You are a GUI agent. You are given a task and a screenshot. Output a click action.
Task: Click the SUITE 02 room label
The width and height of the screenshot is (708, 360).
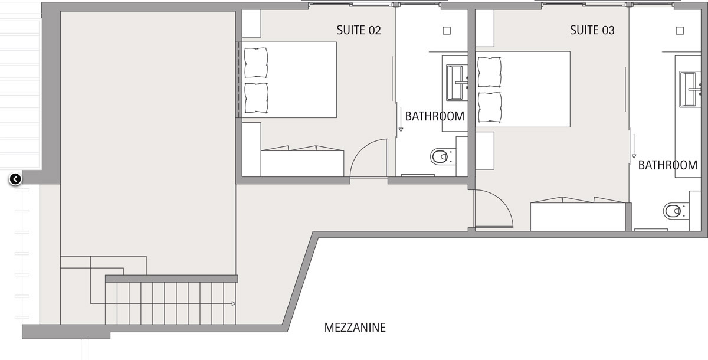point(359,30)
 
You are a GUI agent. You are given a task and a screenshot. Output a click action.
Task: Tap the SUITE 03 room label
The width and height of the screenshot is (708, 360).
point(592,30)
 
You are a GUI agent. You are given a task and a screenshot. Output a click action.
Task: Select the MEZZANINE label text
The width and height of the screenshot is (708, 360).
point(355,328)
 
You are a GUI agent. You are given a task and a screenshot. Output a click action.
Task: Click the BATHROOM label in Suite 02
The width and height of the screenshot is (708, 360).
point(435,116)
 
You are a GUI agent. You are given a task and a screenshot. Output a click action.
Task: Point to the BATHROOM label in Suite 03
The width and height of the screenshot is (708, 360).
point(667,165)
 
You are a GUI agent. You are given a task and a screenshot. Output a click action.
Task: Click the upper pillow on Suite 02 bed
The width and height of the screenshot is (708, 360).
point(256,63)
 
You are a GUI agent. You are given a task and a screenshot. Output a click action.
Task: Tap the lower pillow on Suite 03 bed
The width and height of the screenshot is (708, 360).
point(489,107)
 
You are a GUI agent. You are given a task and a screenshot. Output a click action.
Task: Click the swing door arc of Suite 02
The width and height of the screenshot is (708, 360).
point(363,149)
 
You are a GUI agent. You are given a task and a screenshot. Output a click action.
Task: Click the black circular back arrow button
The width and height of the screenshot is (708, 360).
point(15,179)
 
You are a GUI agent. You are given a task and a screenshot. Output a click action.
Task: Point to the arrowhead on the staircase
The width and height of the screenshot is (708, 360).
point(234,303)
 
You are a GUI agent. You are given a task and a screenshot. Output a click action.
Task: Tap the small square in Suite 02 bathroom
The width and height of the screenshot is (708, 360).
point(447,31)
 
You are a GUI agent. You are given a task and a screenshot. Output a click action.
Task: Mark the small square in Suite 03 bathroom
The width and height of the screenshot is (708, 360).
point(680,31)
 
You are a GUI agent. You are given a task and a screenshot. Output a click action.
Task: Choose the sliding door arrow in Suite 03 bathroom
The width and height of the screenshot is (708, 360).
point(634,146)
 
